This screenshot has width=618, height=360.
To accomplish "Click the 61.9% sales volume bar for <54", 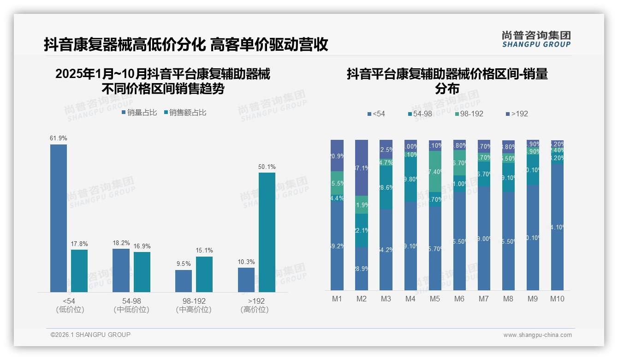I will (x=59, y=218).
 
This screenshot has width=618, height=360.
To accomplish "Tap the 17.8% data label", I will (x=79, y=244).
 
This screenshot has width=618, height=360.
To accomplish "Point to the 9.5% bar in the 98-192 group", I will (x=184, y=281).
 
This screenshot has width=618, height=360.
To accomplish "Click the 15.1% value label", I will (x=204, y=251).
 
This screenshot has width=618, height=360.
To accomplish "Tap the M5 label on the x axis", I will (x=434, y=299).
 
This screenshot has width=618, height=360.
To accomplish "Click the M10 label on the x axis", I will (x=557, y=299).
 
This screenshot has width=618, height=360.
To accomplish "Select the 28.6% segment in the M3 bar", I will (x=386, y=187).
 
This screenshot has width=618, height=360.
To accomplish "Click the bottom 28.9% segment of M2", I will (x=362, y=268).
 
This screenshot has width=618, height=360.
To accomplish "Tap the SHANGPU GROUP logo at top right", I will (x=536, y=39).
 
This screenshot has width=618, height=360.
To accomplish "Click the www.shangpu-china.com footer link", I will (x=537, y=335).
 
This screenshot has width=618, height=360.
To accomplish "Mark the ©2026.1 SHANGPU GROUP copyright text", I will (x=90, y=335).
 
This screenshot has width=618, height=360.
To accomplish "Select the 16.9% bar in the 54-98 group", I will (x=142, y=272).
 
